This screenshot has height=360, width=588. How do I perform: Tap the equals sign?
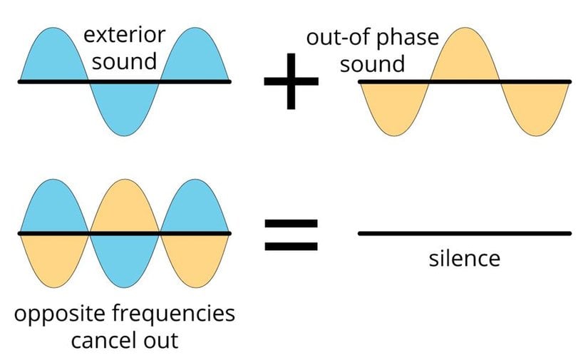[x=291, y=235]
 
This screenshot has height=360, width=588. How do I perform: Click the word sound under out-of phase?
[x=372, y=64]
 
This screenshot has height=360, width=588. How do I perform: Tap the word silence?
[x=465, y=257]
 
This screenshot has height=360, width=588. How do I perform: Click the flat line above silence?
[x=465, y=233]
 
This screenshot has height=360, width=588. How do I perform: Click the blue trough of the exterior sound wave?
[x=124, y=107]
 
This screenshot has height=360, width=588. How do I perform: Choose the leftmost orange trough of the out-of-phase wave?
[x=394, y=107]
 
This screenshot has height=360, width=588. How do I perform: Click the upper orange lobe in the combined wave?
[x=124, y=209]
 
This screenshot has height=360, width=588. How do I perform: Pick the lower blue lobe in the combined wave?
[x=124, y=258]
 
